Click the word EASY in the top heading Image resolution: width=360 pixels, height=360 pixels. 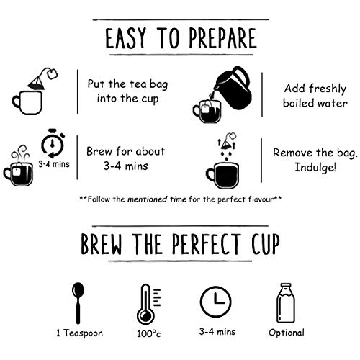coord(125,38)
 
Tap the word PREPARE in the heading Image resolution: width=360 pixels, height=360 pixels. coord(223,38)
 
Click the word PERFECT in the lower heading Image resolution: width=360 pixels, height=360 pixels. coord(206,244)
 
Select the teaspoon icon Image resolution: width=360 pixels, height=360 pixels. coord(78,303)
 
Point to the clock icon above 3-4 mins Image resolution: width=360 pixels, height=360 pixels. coord(216,302)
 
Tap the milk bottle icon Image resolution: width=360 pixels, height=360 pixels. coord(286,303)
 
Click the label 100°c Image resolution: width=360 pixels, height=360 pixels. coord(149,333)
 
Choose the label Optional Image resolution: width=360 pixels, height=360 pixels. coord(287,333)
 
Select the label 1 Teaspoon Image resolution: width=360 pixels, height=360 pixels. coord(79,333)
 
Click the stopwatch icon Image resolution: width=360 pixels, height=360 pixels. coord(53,143)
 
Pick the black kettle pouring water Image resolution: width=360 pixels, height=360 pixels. coord(233,88)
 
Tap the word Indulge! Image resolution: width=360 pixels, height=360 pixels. coord(315,168)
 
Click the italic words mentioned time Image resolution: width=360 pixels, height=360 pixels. coord(157,199)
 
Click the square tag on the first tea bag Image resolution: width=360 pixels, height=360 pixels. coord(52,73)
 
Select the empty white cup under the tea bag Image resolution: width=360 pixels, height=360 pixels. coord(27,102)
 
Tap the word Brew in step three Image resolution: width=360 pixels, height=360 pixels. coord(99,151)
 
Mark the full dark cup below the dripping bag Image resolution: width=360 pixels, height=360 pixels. coord(222,175)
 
